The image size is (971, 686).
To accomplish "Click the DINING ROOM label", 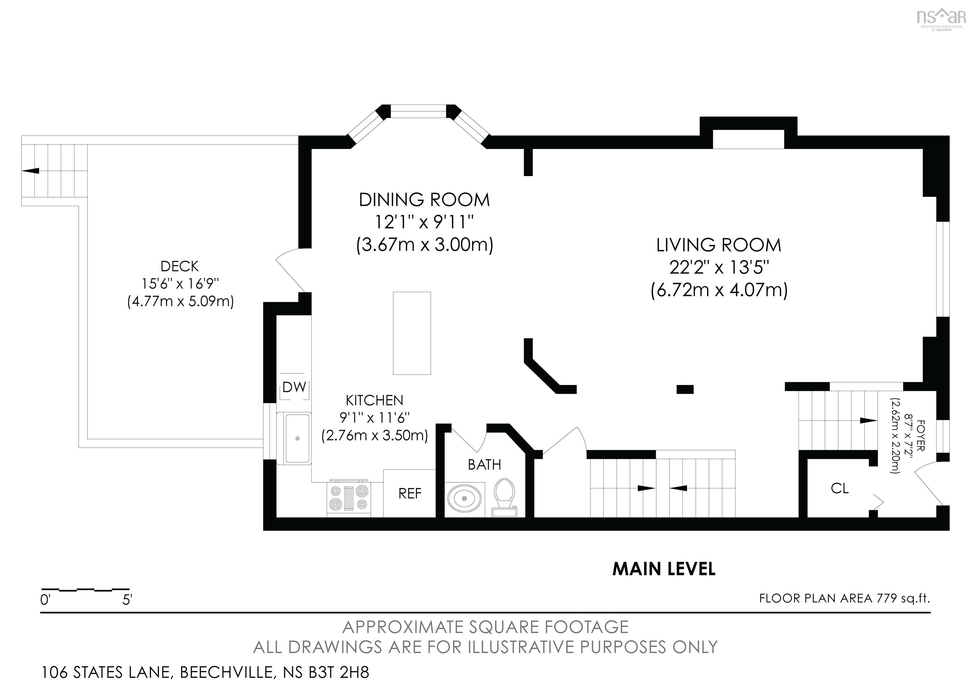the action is click(424, 199).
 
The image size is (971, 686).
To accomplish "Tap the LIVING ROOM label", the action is click(718, 245).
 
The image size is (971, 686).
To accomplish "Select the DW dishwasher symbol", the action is click(294, 387).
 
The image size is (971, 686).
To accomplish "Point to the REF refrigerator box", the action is click(409, 493).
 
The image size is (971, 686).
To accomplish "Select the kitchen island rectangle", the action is click(412, 333).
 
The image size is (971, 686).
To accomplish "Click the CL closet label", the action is click(840, 488).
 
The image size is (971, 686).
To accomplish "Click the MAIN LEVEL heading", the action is click(664, 569).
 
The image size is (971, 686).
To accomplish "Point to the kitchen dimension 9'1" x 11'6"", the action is click(375, 418).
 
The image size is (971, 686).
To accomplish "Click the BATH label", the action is click(484, 465).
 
